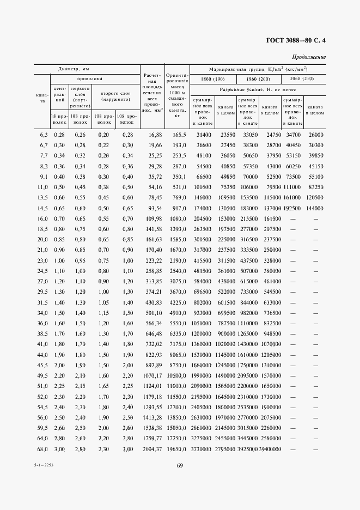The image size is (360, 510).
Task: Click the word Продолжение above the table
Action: (x=309, y=57)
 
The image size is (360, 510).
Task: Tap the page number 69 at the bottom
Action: (x=179, y=465)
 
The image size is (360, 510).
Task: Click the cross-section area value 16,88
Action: (x=155, y=135)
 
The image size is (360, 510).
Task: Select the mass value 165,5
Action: (x=180, y=135)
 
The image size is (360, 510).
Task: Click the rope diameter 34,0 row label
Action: (x=42, y=313)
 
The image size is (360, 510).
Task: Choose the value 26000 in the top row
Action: (x=316, y=135)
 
